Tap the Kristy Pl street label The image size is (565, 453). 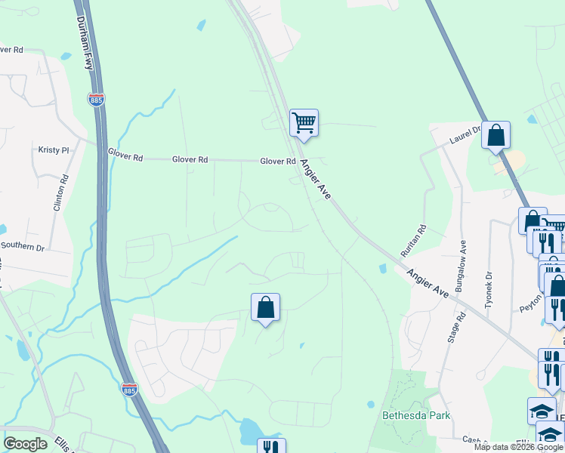[x=53, y=149]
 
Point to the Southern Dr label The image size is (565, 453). [x=23, y=246]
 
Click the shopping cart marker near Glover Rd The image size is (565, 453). [x=304, y=122]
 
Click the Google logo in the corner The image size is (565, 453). [x=26, y=444]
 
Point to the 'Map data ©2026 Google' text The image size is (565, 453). [x=518, y=447]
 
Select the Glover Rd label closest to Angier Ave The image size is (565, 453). [x=278, y=161]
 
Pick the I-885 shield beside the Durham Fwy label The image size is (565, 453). [x=96, y=100]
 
